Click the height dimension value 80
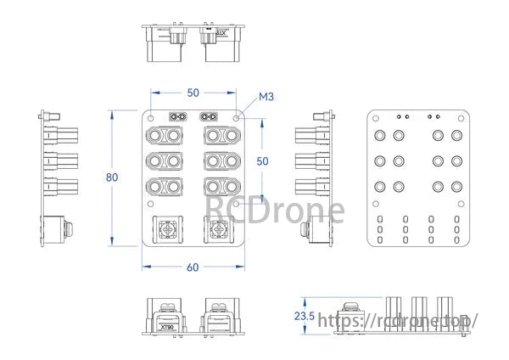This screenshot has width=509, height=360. click(x=111, y=178)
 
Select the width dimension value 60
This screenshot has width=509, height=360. click(x=193, y=267)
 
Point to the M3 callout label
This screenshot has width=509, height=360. click(x=265, y=99)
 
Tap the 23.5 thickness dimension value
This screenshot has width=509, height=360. click(x=304, y=317)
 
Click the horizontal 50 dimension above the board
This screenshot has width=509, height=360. click(x=193, y=92)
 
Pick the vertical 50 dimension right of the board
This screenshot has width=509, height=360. click(x=263, y=161)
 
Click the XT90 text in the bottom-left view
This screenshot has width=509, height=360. click(x=165, y=326)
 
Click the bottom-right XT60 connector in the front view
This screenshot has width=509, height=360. click(x=219, y=186)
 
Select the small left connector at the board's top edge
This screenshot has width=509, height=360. click(x=178, y=116)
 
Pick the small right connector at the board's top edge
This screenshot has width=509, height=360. click(x=208, y=116)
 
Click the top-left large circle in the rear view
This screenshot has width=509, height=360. click(x=379, y=135)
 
